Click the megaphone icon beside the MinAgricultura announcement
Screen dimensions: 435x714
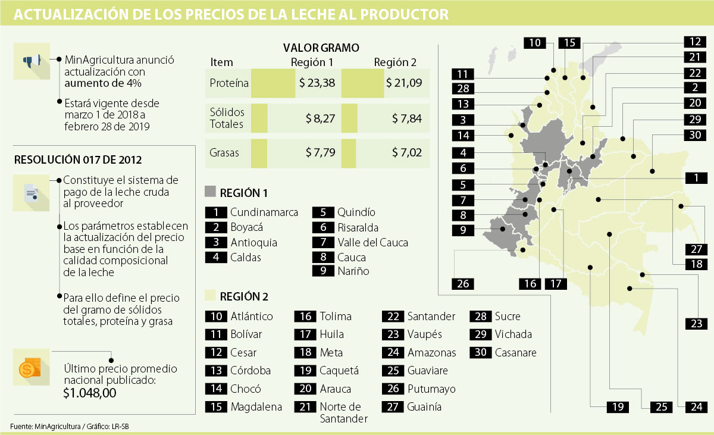point(32,61)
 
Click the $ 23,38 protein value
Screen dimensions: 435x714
point(317,83)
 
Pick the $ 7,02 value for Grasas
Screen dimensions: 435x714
point(407,153)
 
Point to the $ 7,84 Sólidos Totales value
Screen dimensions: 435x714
point(407,118)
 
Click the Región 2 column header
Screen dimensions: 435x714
point(395,62)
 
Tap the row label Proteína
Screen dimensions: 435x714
point(229,83)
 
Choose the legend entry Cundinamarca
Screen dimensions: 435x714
point(264,212)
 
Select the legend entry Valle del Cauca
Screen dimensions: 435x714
point(372,242)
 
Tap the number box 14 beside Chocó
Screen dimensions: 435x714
point(216,389)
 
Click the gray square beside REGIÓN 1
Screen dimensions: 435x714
point(209,192)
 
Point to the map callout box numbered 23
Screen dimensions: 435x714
point(696,324)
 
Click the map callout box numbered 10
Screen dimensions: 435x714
point(535,42)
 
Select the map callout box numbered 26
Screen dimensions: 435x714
point(463,284)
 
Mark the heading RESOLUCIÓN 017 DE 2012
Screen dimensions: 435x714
point(77,159)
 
